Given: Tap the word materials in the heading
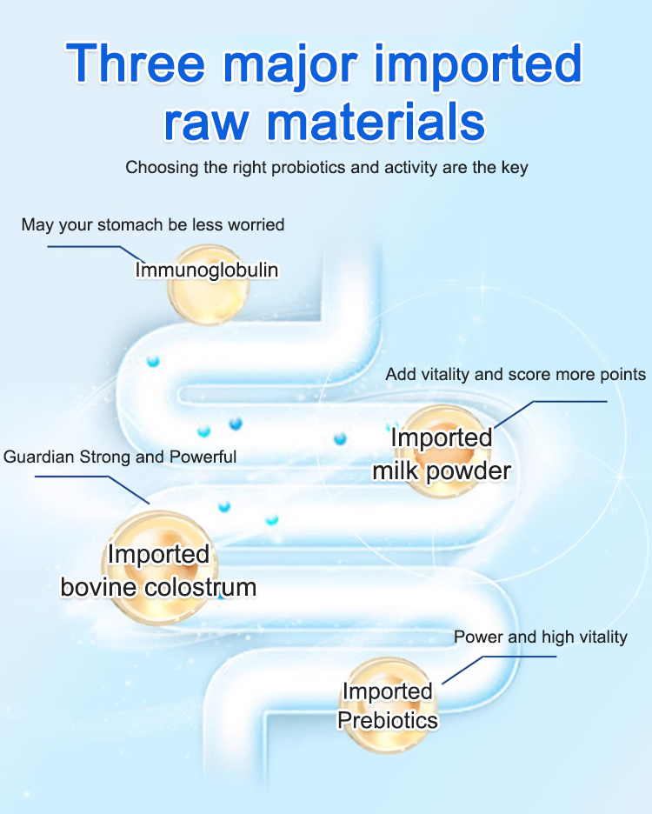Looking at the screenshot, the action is click(376, 122).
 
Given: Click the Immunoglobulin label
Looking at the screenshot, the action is click(207, 270).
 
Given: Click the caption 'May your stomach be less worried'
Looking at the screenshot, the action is click(153, 224).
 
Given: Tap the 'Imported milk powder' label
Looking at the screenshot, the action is click(442, 454).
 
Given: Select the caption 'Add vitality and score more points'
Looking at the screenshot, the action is click(516, 374).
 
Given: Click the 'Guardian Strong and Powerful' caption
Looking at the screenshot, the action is click(120, 457).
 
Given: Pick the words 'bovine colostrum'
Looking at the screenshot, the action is click(158, 588).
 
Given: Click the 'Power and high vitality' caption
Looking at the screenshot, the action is click(541, 637).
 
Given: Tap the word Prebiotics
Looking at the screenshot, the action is click(387, 721).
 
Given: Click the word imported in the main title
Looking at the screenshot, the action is click(477, 65).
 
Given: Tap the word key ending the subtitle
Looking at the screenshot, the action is click(515, 168).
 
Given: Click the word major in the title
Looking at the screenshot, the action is click(290, 66).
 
